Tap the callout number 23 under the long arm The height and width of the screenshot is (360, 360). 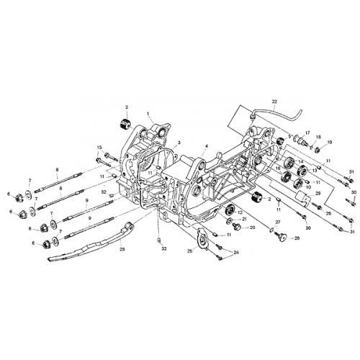point(122,249)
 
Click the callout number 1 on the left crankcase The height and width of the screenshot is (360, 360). point(148,113)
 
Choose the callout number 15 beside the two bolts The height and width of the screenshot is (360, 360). point(99,148)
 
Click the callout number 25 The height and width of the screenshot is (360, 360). point(189,251)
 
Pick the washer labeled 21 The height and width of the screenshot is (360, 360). point(234,219)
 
